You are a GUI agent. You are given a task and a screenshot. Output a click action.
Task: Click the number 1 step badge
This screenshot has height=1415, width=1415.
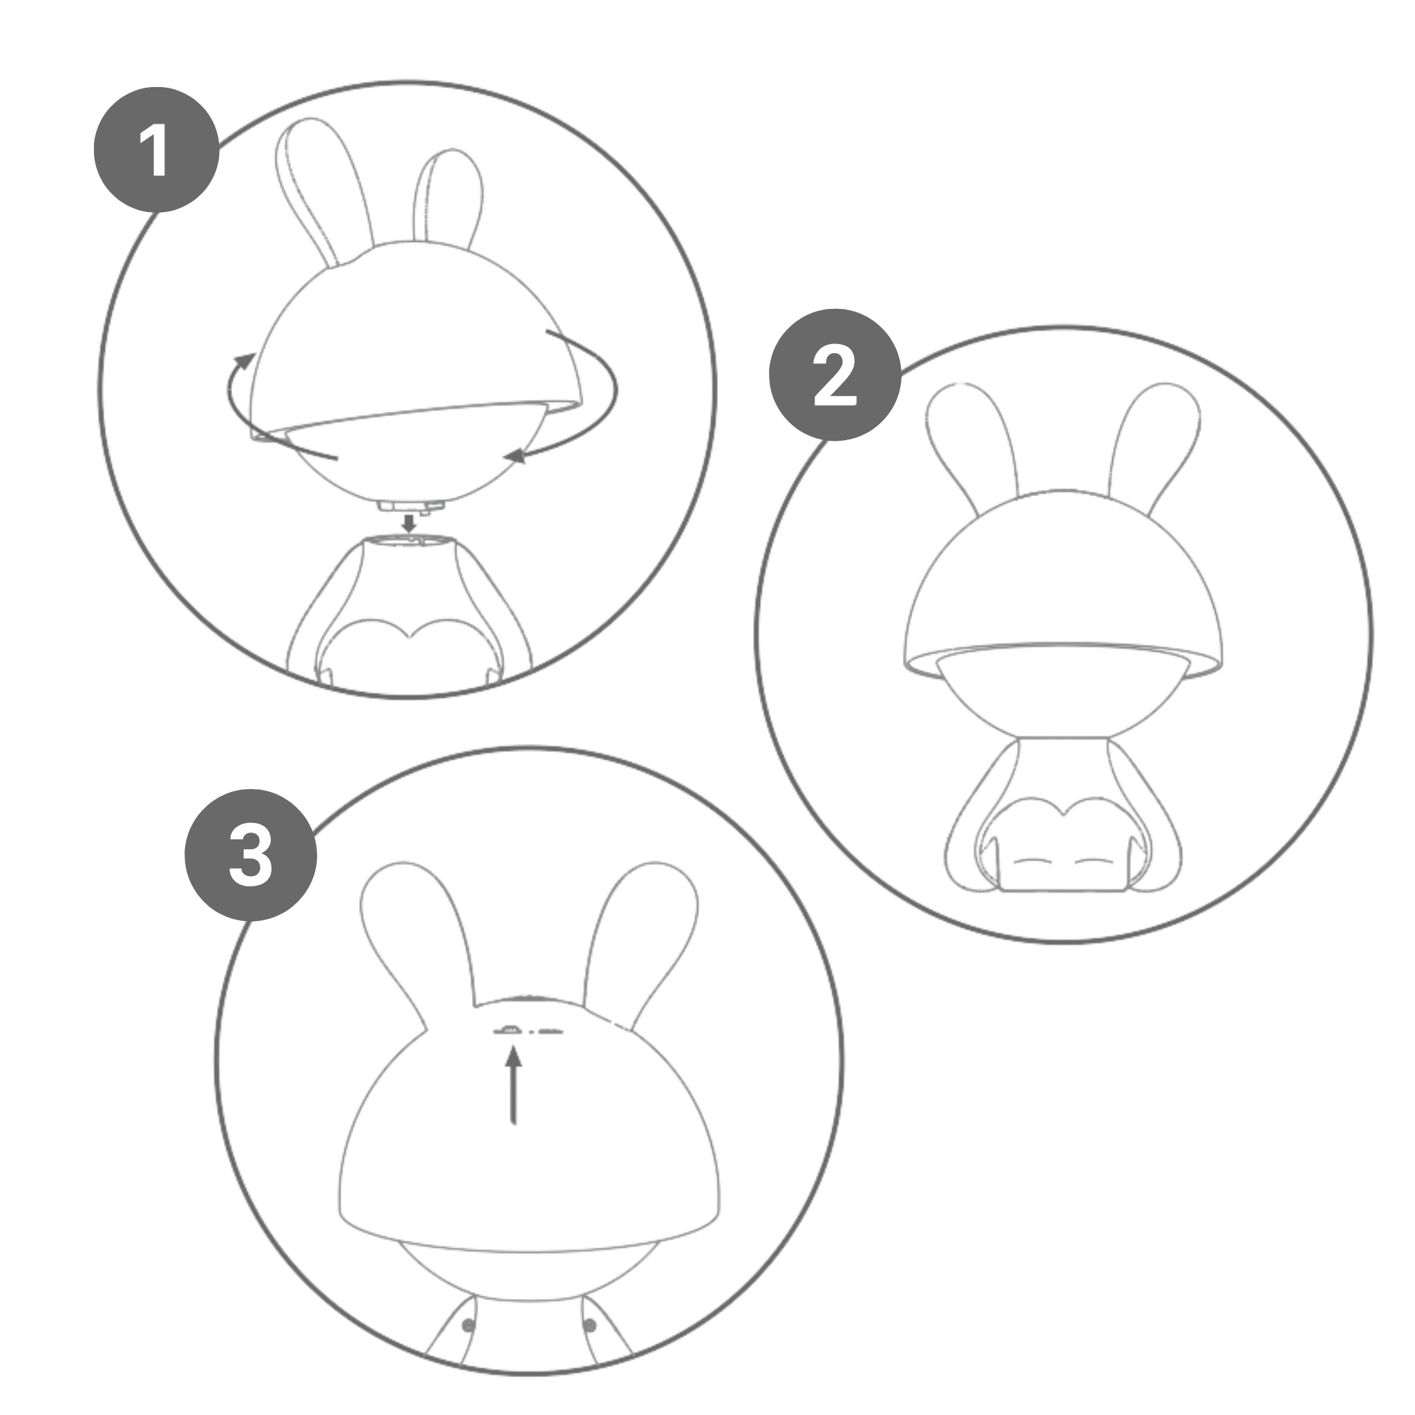pos(157,149)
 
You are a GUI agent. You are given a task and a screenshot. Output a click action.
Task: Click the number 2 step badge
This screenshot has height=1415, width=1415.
pos(834,374)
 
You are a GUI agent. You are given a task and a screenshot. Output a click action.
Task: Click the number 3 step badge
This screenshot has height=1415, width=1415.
pos(251,854)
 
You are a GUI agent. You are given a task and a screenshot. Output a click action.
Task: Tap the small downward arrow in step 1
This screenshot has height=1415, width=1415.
pos(410,523)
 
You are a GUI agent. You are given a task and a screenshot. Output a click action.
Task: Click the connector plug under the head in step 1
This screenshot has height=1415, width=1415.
pos(411,504)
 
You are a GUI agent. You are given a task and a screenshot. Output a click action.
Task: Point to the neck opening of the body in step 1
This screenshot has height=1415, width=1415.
pos(411,540)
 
